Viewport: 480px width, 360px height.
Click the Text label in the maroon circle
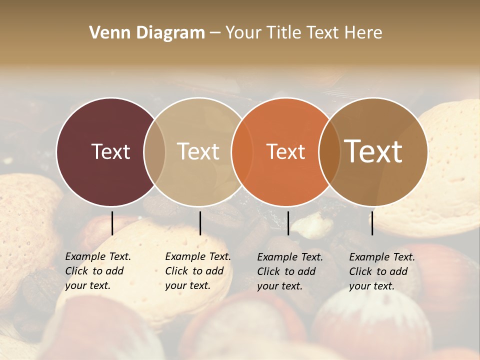110,151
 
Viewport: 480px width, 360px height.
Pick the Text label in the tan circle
198,151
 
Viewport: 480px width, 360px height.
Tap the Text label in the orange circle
285,151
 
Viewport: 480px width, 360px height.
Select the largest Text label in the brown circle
373,151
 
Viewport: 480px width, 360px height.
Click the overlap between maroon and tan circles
154,152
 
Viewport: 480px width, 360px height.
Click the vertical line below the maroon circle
112,223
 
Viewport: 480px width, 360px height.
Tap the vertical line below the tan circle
200,223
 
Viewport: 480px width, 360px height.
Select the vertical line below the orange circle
288,223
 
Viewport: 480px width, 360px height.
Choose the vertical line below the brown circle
372,223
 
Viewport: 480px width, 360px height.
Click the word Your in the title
243,33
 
